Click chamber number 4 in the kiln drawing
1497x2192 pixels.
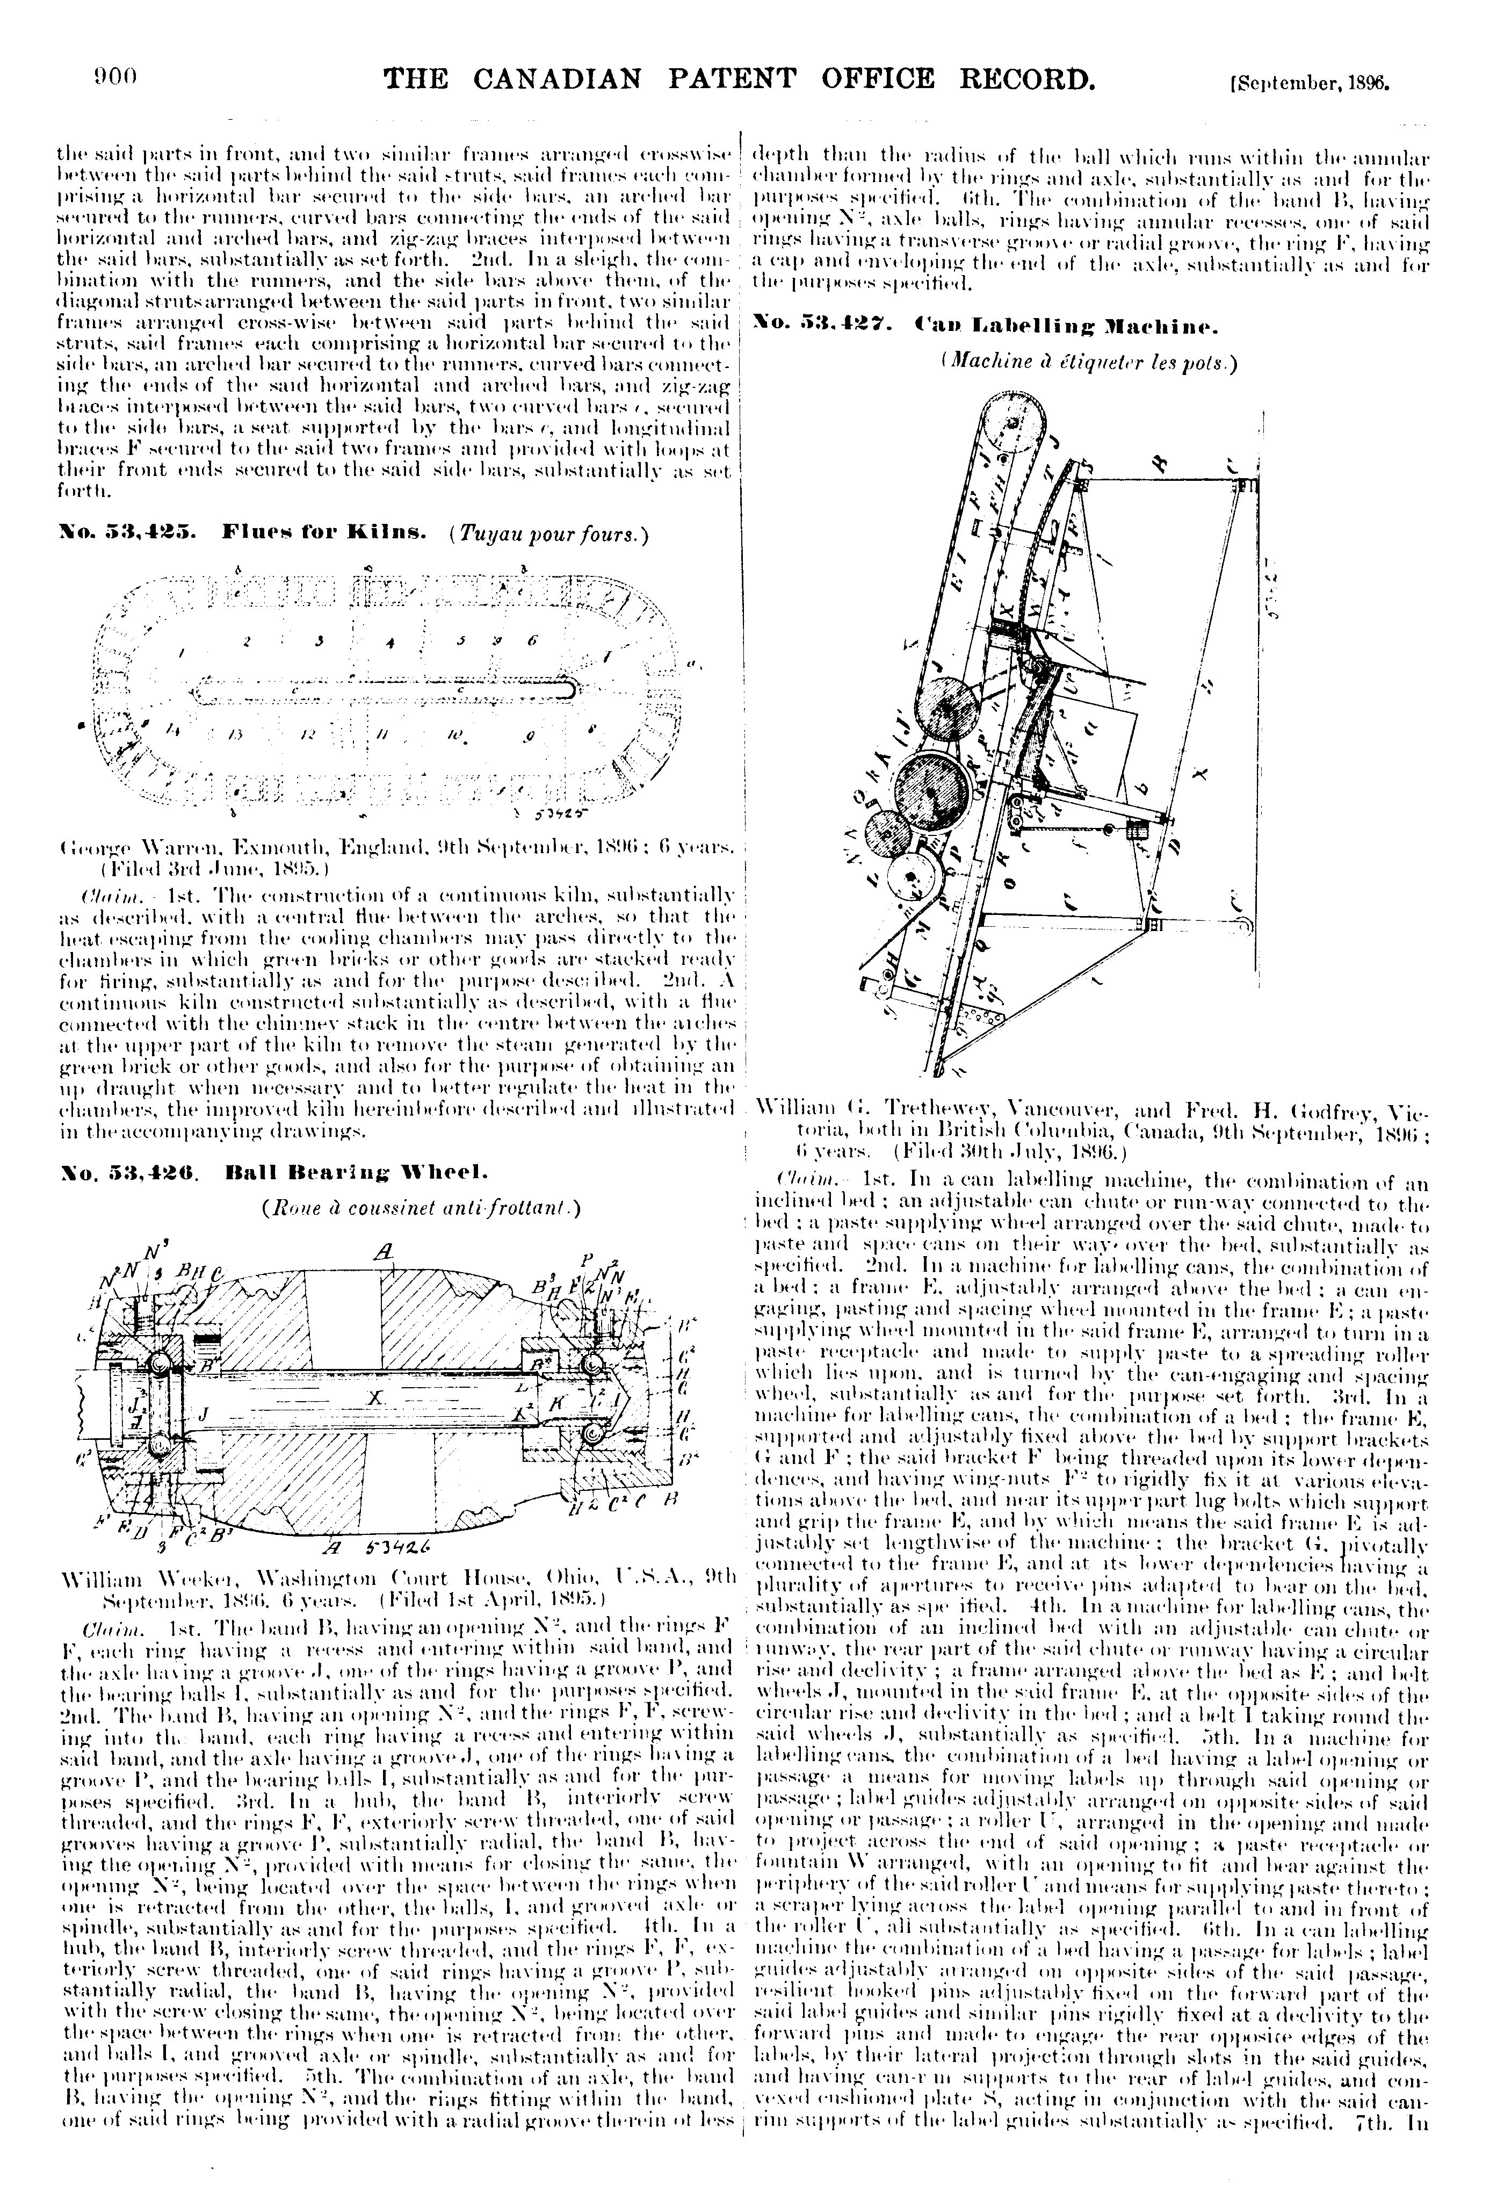389,643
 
